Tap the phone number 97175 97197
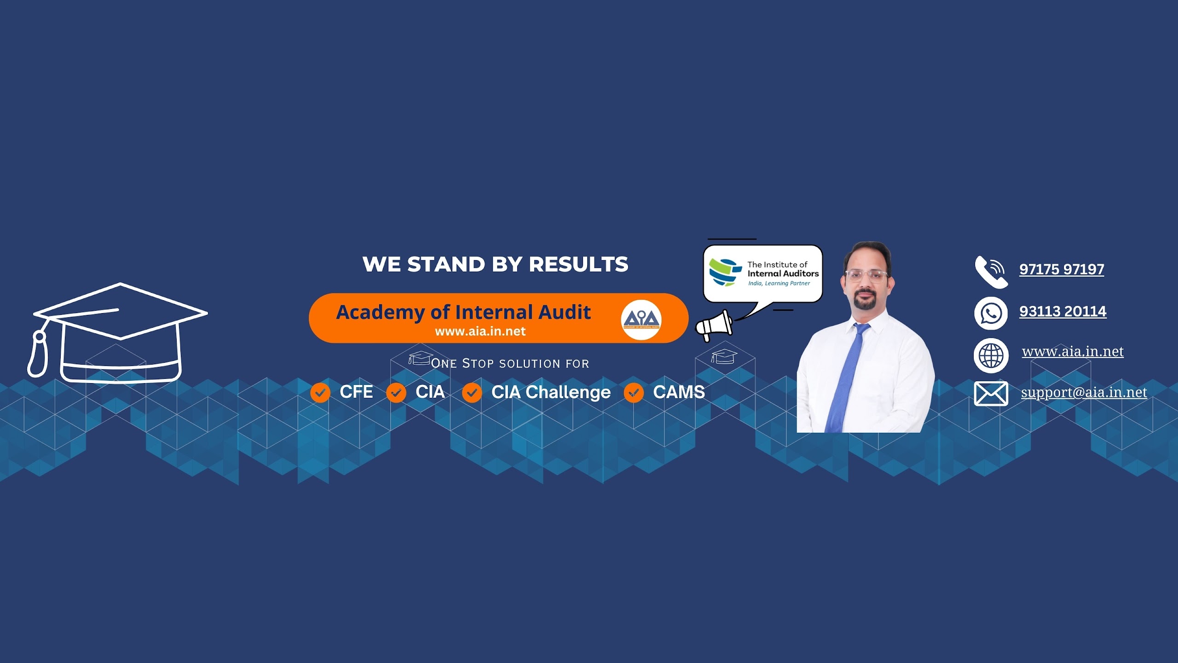coord(1062,269)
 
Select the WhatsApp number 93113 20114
coord(1063,312)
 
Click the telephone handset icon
coord(991,272)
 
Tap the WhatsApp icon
coord(991,314)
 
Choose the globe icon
coord(991,355)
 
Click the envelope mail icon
coord(991,394)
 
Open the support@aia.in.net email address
coord(1084,393)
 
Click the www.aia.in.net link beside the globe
coord(1073,352)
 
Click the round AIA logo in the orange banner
coord(641,320)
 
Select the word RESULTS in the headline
coord(578,264)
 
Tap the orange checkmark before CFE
coord(320,393)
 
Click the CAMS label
coord(679,392)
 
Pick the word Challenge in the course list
coord(568,393)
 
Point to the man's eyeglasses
coord(867,276)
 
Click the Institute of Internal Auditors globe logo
coord(725,272)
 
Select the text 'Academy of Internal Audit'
coord(463,313)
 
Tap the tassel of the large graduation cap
coord(38,354)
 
